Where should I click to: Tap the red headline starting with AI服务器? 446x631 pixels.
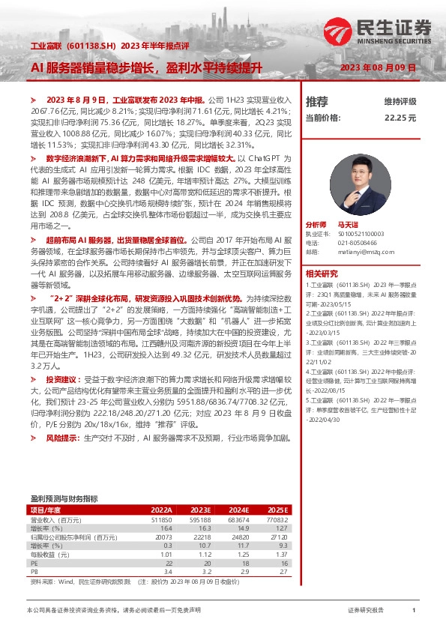pos(145,68)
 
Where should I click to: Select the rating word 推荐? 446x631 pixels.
pos(317,101)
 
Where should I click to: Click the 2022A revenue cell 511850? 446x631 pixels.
pos(161,519)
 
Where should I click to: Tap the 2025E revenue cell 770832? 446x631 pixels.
pos(276,519)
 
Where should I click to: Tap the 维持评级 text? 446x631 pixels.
pos(400,101)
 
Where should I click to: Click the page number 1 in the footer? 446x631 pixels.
pos(413,611)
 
